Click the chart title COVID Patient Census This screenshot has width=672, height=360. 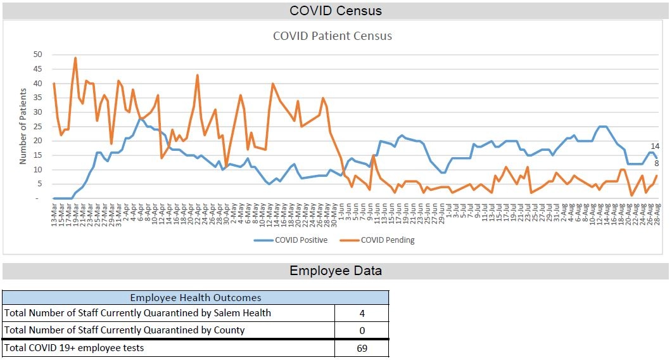(x=332, y=36)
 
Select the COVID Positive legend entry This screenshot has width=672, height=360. (x=300, y=240)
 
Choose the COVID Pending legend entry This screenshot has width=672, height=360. (x=387, y=240)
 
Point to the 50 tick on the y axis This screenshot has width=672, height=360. (x=38, y=55)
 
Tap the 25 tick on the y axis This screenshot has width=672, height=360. (x=38, y=127)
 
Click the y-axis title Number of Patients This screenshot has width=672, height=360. (x=23, y=126)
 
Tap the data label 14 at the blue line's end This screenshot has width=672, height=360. (x=656, y=146)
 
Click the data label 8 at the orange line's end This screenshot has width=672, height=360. (x=657, y=164)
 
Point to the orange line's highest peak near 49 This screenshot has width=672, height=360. (x=75, y=58)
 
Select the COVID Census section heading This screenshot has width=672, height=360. (x=336, y=11)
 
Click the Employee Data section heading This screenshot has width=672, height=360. (x=336, y=271)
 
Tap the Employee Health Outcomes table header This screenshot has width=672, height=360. (x=195, y=297)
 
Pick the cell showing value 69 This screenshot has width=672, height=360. (x=361, y=348)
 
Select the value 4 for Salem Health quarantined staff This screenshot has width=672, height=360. (x=361, y=313)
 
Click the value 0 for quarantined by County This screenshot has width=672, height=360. (x=361, y=330)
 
